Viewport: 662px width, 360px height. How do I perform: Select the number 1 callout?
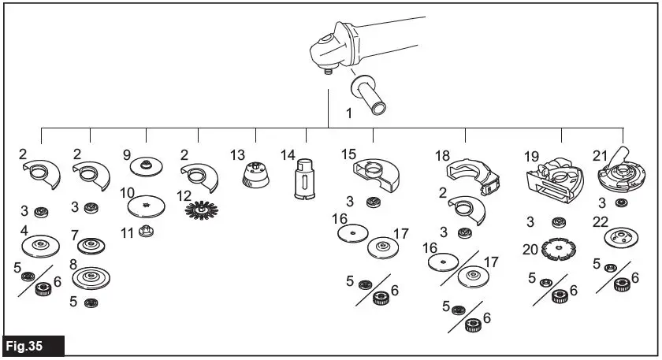tap(348, 113)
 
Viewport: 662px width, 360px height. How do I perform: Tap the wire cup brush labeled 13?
tap(255, 174)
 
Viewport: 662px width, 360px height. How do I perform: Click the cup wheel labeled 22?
tap(620, 236)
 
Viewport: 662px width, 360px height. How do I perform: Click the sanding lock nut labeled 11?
tap(146, 232)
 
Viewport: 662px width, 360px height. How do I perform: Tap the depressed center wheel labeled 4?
tap(38, 245)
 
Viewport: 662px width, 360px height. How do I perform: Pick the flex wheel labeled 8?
tap(90, 276)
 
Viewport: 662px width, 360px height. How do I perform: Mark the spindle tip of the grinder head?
tap(325, 69)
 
